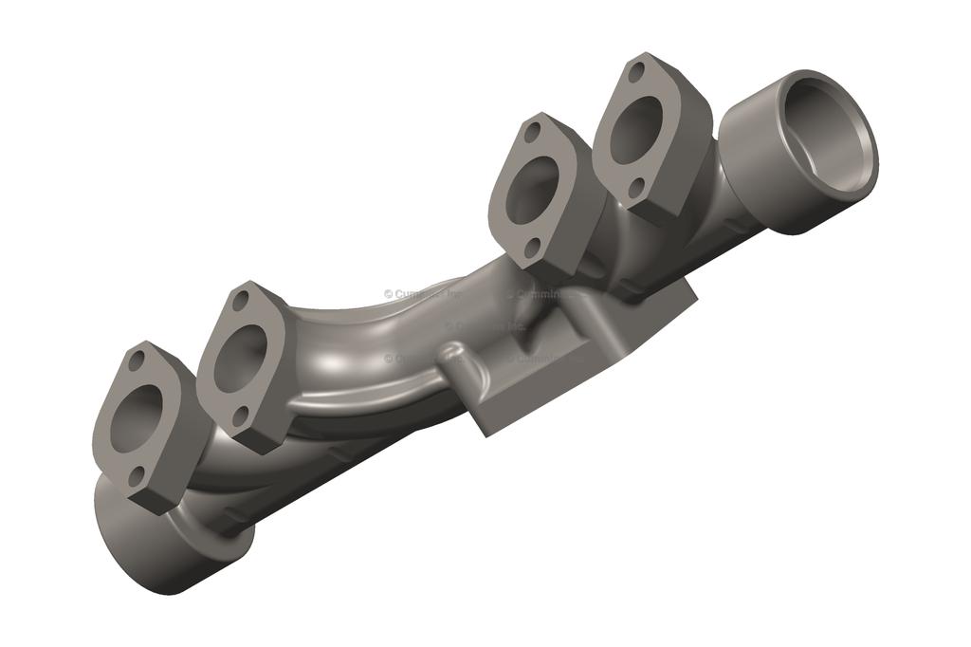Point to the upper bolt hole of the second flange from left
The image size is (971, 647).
[x=241, y=301]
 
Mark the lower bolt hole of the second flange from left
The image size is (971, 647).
[x=241, y=414]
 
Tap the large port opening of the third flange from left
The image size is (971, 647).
[x=533, y=189]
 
